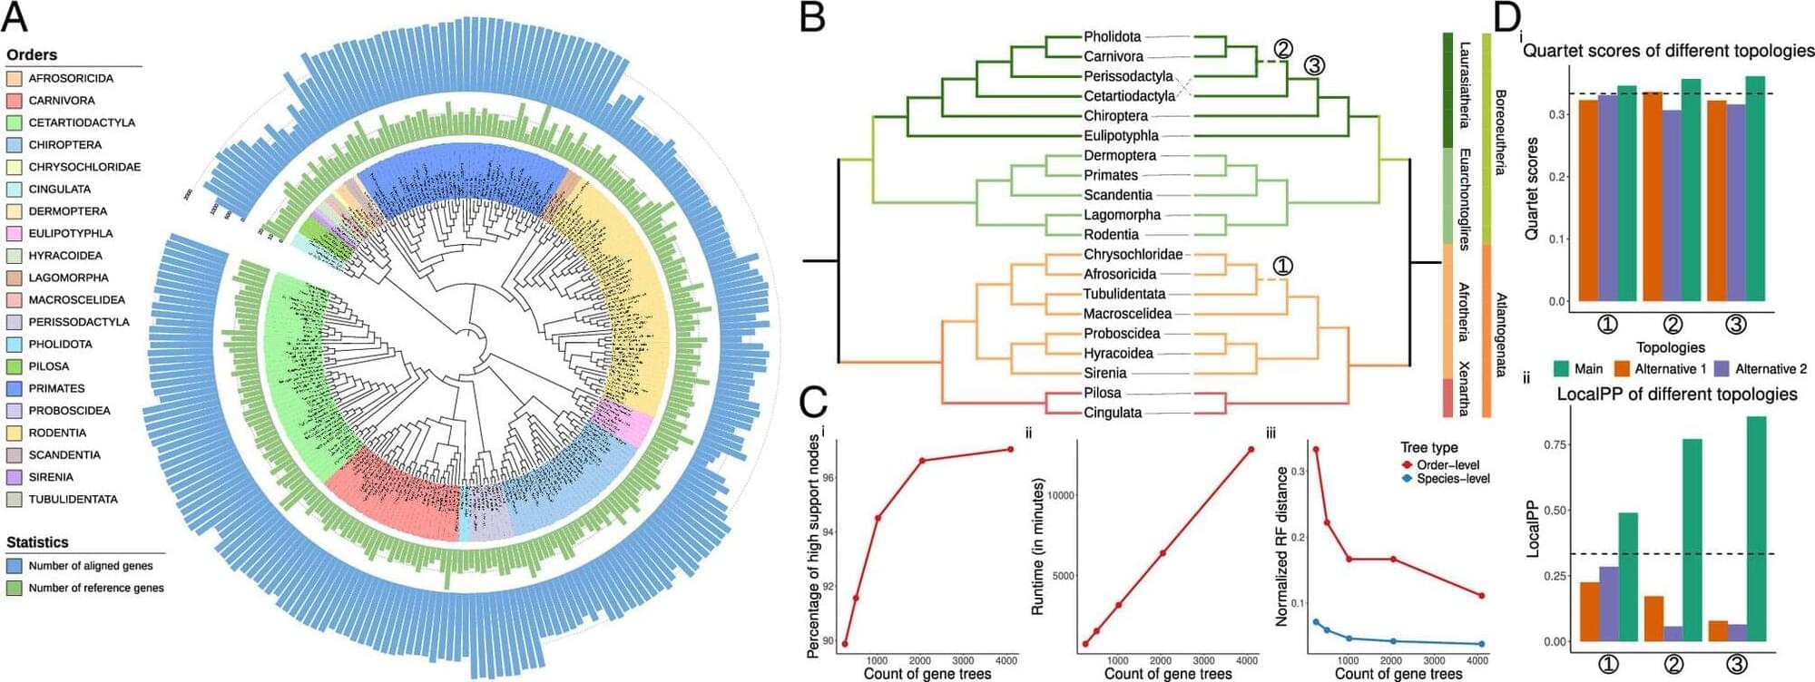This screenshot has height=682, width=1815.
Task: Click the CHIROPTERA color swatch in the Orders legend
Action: [x=15, y=145]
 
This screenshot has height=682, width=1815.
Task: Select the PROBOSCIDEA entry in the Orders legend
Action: [x=69, y=411]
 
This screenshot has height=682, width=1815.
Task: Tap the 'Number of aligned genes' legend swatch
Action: [x=15, y=566]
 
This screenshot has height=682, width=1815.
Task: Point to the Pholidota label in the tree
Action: [x=1112, y=37]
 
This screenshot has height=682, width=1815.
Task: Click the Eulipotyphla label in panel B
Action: [x=1121, y=136]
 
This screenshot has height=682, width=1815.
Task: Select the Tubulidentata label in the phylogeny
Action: [x=1123, y=294]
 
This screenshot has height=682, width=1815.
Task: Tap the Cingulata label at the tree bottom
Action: [x=1113, y=413]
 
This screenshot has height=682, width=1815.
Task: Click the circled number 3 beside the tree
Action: [x=1314, y=65]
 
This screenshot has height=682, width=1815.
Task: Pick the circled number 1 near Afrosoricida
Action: [x=1282, y=266]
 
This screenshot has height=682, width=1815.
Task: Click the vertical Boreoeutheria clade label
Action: [x=1500, y=132]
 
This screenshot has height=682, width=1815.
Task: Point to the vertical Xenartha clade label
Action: [x=1463, y=388]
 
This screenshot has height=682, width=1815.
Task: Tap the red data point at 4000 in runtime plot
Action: [x=1251, y=450]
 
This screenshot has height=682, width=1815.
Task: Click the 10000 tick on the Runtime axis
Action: [x=1061, y=495]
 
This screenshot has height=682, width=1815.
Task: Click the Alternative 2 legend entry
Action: [x=1770, y=369]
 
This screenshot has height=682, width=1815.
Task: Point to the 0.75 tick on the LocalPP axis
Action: [x=1555, y=444]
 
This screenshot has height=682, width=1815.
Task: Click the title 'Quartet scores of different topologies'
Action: [x=1668, y=51]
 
